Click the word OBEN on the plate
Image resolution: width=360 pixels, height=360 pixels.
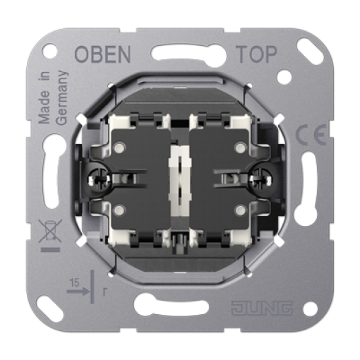click(102, 54)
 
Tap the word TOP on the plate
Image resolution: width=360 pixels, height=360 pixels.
click(257, 54)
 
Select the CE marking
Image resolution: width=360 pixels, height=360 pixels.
click(311, 135)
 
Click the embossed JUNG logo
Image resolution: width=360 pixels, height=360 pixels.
click(262, 308)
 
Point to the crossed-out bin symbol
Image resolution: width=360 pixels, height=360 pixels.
click(50, 231)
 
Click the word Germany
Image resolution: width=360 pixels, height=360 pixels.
click(62, 97)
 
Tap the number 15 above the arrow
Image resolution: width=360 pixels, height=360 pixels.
click(74, 283)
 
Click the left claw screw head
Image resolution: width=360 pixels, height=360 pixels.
click(99, 179)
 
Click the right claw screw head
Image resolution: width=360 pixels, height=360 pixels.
click(261, 179)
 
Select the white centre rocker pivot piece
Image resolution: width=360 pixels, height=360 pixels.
click(179, 180)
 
